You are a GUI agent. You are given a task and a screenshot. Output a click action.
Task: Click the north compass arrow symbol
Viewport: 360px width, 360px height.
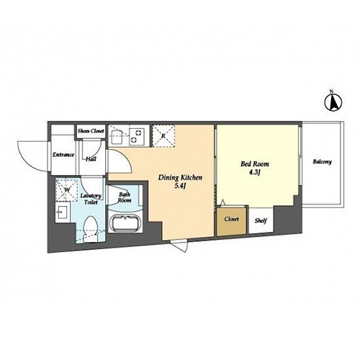pyautogui.click(x=333, y=102)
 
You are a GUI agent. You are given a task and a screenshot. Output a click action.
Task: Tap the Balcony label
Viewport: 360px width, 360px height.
pyautogui.click(x=322, y=162)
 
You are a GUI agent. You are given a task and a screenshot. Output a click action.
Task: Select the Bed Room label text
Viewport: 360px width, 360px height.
pyautogui.click(x=255, y=164)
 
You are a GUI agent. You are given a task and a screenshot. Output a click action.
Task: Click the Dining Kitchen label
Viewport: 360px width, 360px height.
pyautogui.click(x=180, y=178)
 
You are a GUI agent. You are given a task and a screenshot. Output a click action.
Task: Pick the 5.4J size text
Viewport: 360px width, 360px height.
pyautogui.click(x=181, y=186)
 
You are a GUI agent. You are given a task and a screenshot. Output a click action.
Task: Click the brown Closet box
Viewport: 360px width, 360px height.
pyautogui.click(x=231, y=221)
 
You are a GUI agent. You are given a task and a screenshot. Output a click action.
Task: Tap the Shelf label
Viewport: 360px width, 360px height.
pyautogui.click(x=261, y=220)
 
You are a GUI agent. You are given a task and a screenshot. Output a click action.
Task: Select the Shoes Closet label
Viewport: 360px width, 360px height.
pyautogui.click(x=91, y=131)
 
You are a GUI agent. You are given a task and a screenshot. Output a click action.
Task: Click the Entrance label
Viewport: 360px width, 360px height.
pyautogui.click(x=63, y=155)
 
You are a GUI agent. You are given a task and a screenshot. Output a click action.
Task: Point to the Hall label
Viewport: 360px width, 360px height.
pyautogui.click(x=91, y=159)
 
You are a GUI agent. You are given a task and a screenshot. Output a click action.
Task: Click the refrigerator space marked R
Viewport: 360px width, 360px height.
pyautogui.click(x=163, y=135)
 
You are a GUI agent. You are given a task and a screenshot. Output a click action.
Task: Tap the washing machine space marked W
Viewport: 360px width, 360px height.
pyautogui.click(x=66, y=190)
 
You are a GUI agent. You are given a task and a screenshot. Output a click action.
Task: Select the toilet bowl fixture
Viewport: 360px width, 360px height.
pyautogui.click(x=91, y=228)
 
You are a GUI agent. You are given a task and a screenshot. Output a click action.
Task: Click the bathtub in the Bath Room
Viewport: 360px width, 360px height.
pyautogui.click(x=124, y=223)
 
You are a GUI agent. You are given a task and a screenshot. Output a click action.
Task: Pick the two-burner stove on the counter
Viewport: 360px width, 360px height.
pyautogui.click(x=137, y=136)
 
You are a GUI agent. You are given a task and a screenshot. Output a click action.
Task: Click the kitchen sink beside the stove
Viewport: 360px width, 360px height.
pyautogui.click(x=116, y=136)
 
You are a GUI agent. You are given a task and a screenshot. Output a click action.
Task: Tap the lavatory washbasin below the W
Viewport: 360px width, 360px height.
pyautogui.click(x=63, y=212)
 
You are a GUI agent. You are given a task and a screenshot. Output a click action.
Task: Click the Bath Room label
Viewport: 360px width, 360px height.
pyautogui.click(x=125, y=197)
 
